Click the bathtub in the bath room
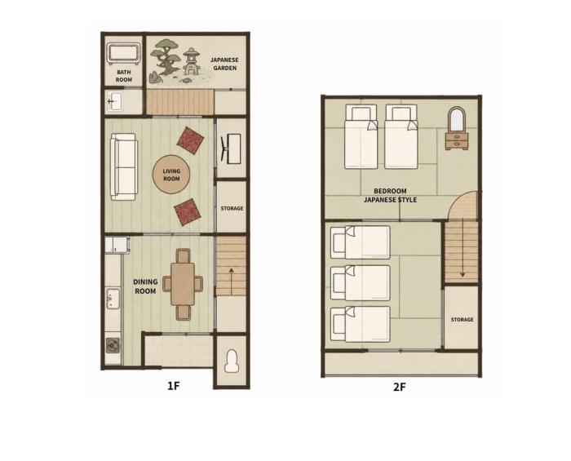[123, 54]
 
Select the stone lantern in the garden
[191, 61]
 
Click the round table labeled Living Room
[171, 175]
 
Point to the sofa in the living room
[124, 166]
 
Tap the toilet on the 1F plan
[232, 361]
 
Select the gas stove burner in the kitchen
[113, 345]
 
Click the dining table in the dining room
[183, 284]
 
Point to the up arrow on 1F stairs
[231, 281]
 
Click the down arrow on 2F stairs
[463, 257]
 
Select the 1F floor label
[174, 386]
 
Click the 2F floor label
[399, 387]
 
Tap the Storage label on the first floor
[232, 208]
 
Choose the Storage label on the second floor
[463, 319]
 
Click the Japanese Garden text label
[224, 64]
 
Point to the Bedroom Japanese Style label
[391, 195]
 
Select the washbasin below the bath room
[115, 102]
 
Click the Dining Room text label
[145, 286]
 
